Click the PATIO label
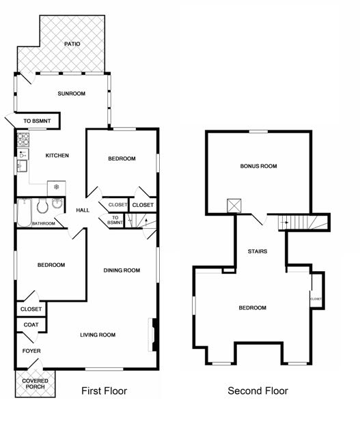pyautogui.click(x=72, y=44)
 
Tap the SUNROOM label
pyautogui.click(x=72, y=94)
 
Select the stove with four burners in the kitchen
pyautogui.click(x=23, y=140)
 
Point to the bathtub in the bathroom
pyautogui.click(x=25, y=212)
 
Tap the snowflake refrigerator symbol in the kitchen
pyautogui.click(x=56, y=186)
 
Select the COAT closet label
pyautogui.click(x=31, y=325)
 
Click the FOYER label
pyautogui.click(x=31, y=351)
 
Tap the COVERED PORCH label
pyautogui.click(x=35, y=384)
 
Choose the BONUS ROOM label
pyautogui.click(x=258, y=166)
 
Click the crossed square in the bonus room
pyautogui.click(x=234, y=206)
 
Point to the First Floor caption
pyautogui.click(x=105, y=391)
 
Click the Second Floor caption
pyautogui.click(x=258, y=391)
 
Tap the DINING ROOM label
pyautogui.click(x=122, y=270)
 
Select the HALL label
pyautogui.click(x=83, y=210)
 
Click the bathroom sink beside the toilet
pyautogui.click(x=57, y=203)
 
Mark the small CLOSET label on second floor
pyautogui.click(x=316, y=299)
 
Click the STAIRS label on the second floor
pyautogui.click(x=258, y=251)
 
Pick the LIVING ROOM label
pyautogui.click(x=98, y=335)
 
